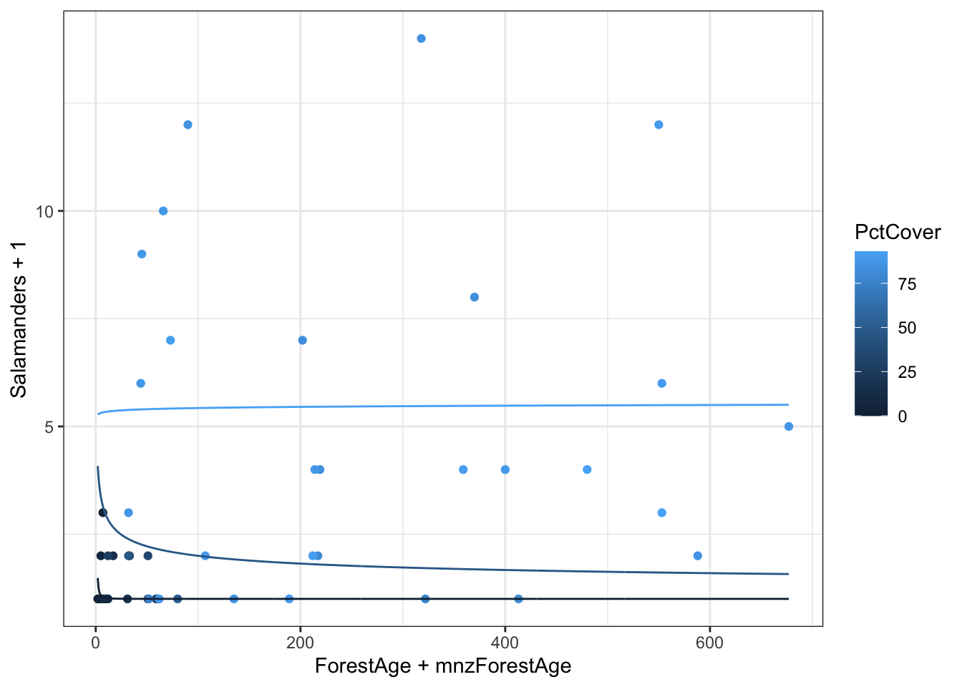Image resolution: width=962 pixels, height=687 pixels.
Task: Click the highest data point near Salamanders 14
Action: coord(421,39)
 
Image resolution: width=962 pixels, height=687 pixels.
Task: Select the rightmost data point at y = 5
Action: coord(788,427)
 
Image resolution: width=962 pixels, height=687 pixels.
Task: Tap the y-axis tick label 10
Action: coord(45,211)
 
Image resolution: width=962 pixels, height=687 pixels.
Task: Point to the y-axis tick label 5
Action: coord(49,427)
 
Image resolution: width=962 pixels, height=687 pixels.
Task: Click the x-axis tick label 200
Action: coord(300,643)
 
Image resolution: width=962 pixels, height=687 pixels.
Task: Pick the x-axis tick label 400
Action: coord(505,643)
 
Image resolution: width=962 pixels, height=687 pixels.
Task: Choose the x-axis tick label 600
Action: coord(709,643)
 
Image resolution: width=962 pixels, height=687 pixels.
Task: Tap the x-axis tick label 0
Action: coord(95,643)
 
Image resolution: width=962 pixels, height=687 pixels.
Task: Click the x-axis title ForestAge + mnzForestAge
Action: coord(443,666)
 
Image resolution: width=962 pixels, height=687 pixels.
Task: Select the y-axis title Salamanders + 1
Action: coord(19,319)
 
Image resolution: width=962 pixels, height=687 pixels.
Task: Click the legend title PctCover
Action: coord(898,232)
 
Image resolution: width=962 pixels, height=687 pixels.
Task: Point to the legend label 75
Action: coord(907,284)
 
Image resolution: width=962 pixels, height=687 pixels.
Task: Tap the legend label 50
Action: coord(907,328)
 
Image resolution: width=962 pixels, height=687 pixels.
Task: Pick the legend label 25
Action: coord(907,372)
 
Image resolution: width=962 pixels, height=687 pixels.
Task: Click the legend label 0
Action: coord(902,416)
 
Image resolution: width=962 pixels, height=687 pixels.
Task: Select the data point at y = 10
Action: coord(163,211)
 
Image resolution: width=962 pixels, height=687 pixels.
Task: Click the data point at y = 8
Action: coord(474,297)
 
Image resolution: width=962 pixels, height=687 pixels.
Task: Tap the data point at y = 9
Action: coord(142,254)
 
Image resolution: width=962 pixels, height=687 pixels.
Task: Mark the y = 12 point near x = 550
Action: coord(659,125)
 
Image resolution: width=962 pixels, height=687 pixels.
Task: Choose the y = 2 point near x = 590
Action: coord(698,556)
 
